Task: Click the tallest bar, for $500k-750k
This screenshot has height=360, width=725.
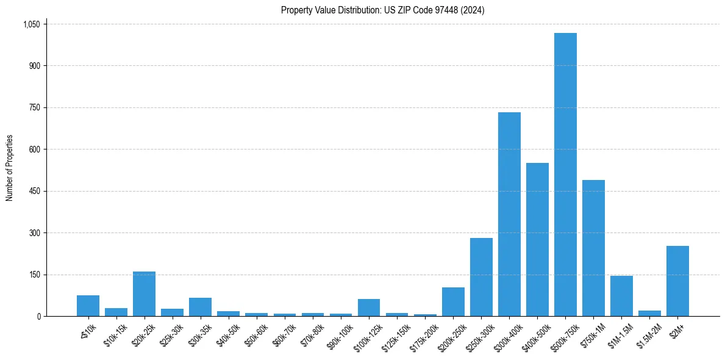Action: (565, 175)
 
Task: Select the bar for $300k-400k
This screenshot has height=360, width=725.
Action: (509, 214)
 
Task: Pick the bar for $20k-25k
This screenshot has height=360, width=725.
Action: (145, 293)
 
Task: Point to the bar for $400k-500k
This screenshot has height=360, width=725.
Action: (537, 239)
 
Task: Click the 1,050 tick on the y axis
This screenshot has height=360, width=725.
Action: (31, 24)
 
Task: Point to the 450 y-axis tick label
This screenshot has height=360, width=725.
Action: (34, 192)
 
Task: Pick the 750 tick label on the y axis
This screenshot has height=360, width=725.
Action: (34, 108)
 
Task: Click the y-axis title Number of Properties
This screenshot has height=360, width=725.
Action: (10, 168)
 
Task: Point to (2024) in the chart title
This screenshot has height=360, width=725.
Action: (473, 10)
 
